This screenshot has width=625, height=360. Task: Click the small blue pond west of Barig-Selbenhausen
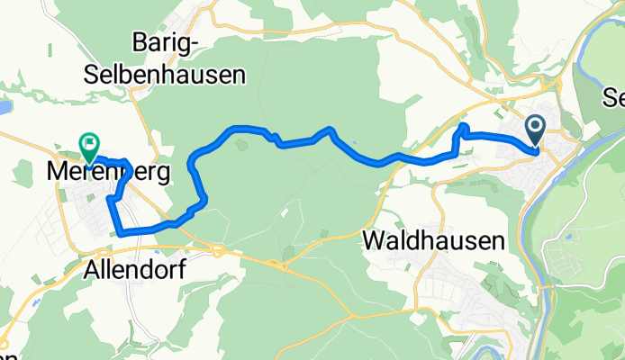pos(3,107)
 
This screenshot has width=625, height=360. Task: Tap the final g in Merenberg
pos(163,174)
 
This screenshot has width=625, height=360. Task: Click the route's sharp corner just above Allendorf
pos(120,233)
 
